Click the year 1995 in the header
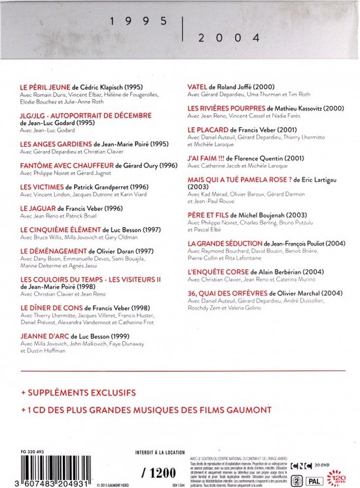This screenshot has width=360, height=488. coord(141,21)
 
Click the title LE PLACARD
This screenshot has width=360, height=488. coord(207,129)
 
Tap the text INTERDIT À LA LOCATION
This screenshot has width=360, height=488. coord(160,449)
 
